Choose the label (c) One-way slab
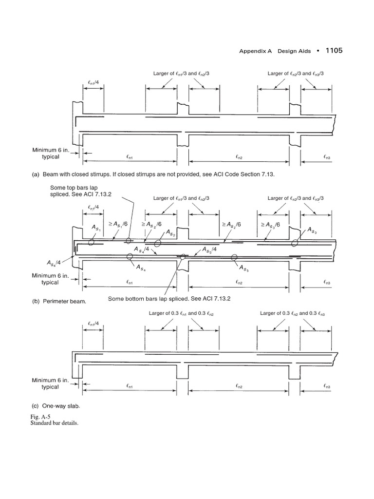[57, 405]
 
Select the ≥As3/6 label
[272, 225]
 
